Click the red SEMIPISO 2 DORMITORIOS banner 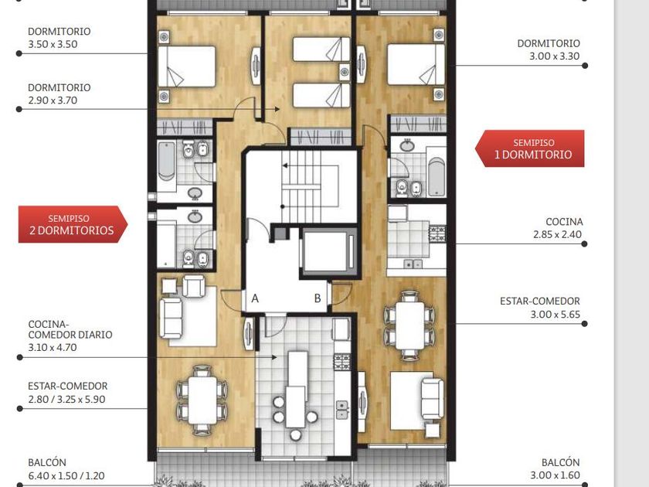click(73, 224)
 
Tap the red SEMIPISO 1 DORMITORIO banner click(530, 148)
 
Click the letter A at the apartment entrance click(255, 298)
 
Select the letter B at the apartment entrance click(318, 298)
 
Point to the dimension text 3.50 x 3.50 click(53, 44)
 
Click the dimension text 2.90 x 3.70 click(53, 100)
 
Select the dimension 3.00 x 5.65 click(555, 315)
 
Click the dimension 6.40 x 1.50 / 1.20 click(66, 476)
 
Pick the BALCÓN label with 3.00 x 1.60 click(555, 468)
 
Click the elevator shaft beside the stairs click(329, 251)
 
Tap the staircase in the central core click(311, 187)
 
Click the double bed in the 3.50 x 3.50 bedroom click(187, 66)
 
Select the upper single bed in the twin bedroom click(321, 49)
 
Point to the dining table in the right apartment click(409, 325)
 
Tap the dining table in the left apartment click(202, 400)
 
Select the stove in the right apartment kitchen click(438, 233)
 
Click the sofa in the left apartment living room click(172, 318)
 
